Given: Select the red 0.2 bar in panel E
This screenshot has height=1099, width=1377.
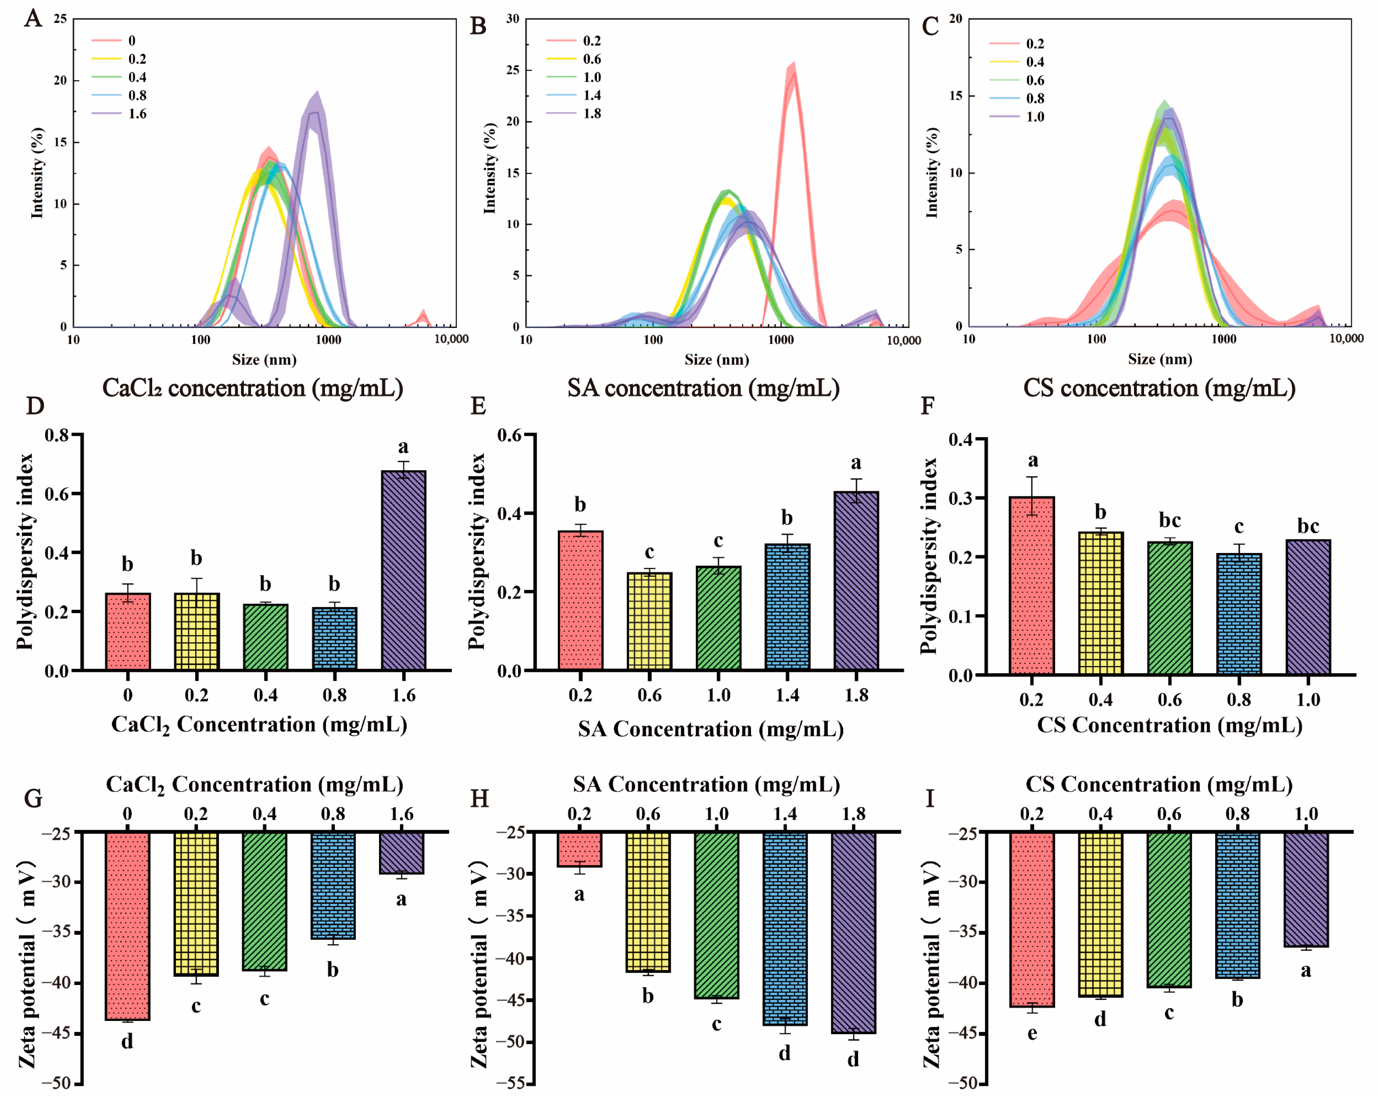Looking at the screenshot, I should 580,600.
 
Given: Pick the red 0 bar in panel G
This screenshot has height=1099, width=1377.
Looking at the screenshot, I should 128,926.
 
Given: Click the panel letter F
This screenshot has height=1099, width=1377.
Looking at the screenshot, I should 928,406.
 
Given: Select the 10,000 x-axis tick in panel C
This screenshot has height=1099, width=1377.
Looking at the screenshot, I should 1346,339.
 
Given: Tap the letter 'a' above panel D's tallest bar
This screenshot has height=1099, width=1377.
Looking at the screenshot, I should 403,446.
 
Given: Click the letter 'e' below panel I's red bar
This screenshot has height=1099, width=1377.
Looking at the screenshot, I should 1032,1034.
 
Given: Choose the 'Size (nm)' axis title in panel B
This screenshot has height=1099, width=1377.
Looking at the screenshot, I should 716,360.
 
